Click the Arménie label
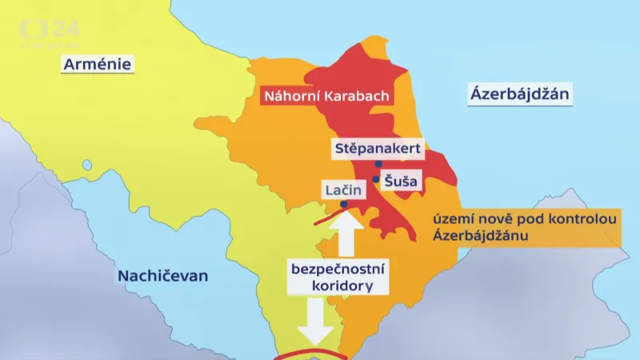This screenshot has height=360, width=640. tap(98, 63)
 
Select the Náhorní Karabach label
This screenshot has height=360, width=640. tap(326, 97)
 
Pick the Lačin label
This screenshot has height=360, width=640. tap(343, 190)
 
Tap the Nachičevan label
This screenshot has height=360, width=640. tap(162, 276)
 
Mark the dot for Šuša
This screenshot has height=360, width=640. tap(375, 179)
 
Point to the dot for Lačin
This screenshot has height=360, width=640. tap(343, 204)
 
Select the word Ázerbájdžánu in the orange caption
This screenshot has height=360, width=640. tap(480, 235)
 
